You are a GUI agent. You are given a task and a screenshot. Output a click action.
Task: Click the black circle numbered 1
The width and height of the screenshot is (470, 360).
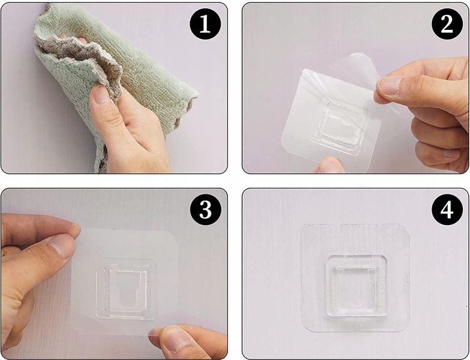[205, 24]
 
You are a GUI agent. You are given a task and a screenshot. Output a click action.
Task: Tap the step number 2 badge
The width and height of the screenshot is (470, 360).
[447, 24]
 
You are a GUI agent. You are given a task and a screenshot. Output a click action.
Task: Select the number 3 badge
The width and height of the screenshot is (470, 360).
[205, 210]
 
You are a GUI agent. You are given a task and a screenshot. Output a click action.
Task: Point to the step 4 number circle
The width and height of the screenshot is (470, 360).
[447, 210]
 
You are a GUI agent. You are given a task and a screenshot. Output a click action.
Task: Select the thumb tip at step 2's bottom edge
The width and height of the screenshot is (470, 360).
[329, 165]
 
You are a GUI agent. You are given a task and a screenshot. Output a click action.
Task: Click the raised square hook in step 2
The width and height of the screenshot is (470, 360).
[339, 126]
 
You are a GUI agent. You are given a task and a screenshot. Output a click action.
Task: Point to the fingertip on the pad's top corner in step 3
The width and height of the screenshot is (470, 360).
[75, 230]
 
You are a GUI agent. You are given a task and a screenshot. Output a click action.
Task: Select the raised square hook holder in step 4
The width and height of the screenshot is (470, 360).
[356, 286]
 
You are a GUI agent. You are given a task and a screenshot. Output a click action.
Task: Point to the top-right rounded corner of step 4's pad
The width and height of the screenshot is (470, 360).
[406, 227]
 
